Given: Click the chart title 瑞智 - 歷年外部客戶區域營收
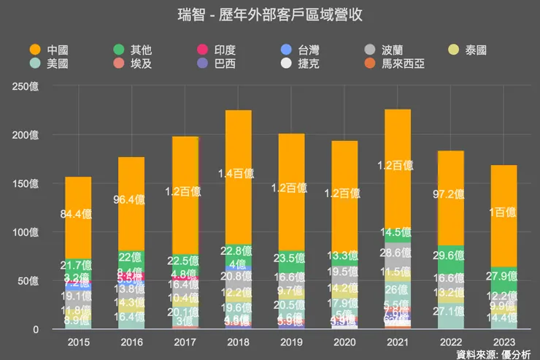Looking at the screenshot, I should click(x=270, y=15).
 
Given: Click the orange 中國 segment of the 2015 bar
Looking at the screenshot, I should click(x=78, y=215).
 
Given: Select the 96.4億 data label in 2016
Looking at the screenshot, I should click(x=131, y=198).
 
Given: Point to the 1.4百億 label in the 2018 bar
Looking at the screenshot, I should click(x=238, y=174).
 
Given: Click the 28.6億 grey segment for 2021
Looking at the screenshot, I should click(x=398, y=253).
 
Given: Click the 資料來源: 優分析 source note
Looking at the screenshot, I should click(x=493, y=354).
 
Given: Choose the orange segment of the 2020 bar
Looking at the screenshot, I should click(x=344, y=194).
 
